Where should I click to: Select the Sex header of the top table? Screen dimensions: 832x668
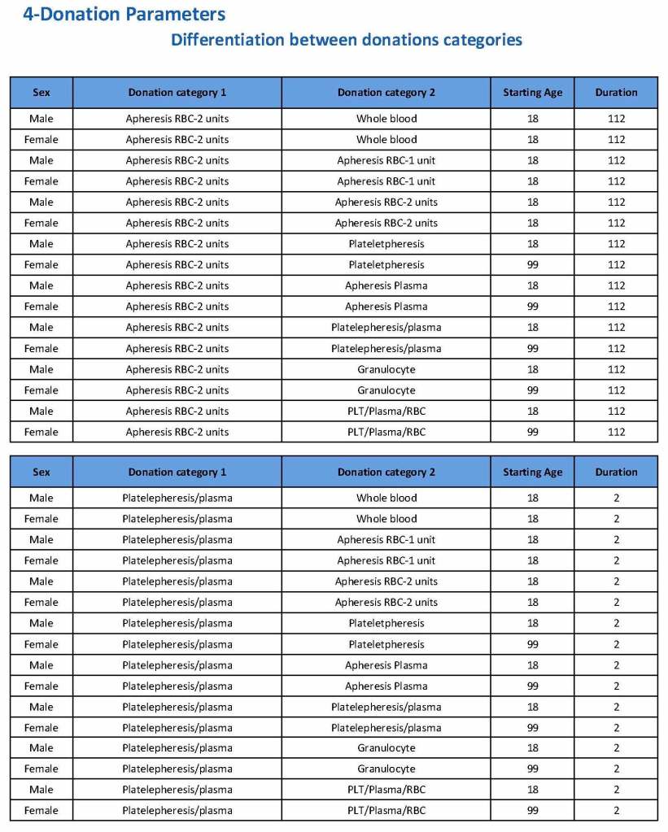(41, 93)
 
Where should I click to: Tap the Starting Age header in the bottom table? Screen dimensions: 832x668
(532, 473)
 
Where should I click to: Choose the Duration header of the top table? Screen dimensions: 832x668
(616, 93)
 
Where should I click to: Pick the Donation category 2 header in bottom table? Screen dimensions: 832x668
(386, 473)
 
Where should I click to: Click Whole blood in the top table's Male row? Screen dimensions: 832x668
(386, 119)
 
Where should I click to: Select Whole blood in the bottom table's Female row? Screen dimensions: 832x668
(386, 519)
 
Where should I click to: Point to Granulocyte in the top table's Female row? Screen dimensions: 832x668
(386, 390)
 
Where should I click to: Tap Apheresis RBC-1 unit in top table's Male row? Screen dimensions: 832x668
(386, 160)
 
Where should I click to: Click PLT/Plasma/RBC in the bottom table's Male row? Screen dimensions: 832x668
(386, 790)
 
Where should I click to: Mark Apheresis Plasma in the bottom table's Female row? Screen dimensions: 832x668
(386, 686)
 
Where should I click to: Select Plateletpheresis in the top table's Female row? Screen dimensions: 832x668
(386, 265)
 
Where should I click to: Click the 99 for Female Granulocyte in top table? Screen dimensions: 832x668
(532, 390)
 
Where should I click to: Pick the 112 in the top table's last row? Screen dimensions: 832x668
(616, 433)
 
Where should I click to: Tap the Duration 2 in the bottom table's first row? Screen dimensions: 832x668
(616, 498)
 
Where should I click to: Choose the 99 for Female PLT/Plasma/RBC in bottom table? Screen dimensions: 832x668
(532, 811)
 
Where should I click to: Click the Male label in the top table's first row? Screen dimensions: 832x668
(41, 119)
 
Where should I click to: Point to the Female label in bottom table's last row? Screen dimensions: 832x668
(41, 811)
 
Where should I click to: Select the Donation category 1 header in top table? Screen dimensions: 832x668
(177, 93)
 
